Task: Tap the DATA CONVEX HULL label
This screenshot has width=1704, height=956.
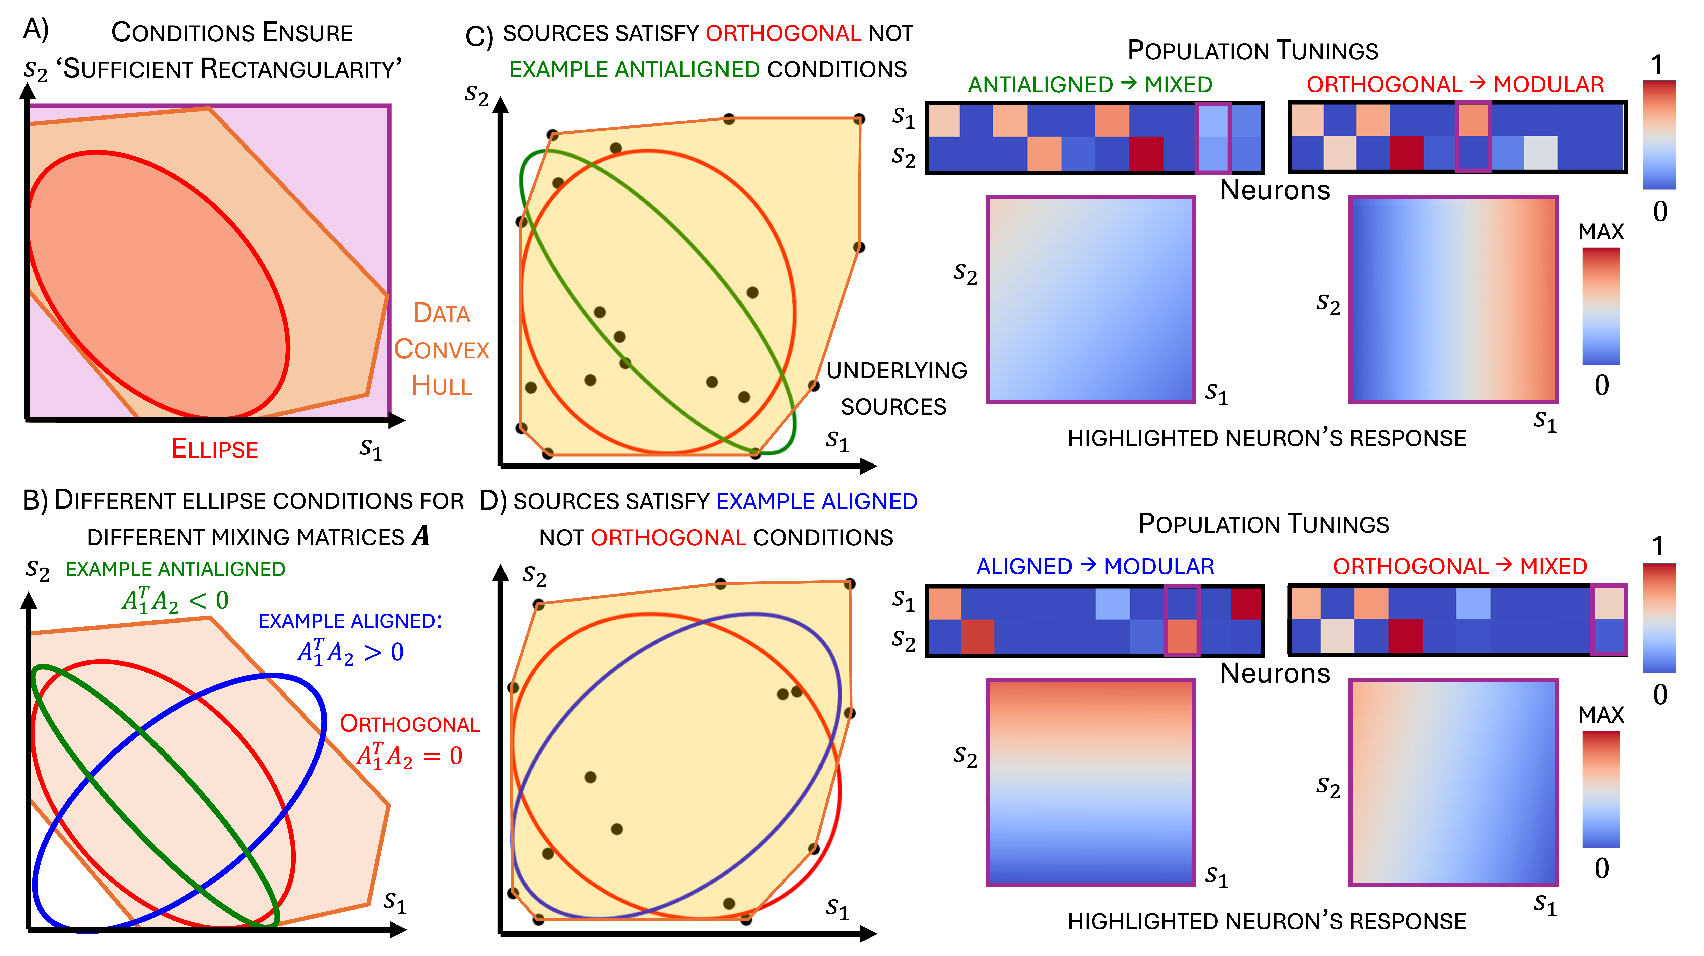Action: click(441, 349)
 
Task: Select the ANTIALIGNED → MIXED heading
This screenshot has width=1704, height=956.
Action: click(1089, 85)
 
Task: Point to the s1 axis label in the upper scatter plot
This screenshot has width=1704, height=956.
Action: click(837, 440)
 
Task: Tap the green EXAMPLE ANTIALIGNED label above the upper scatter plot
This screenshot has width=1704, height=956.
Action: click(634, 70)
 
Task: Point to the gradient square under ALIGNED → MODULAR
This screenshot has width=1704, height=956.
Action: click(1090, 782)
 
